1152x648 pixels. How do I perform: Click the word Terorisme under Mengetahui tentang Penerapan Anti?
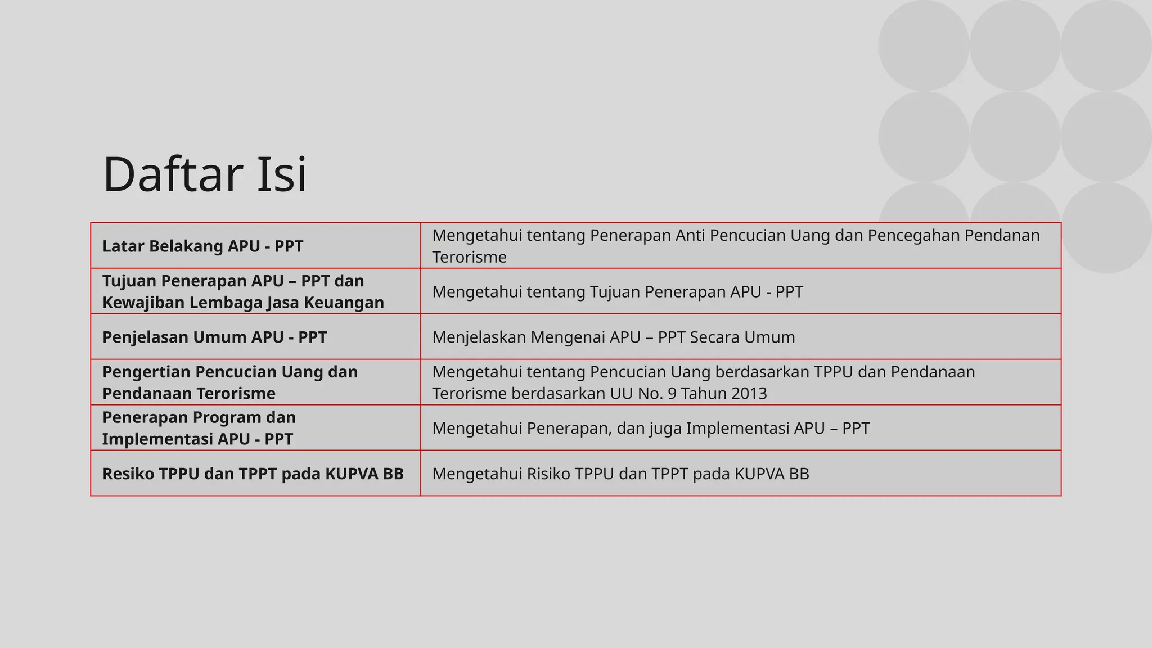click(x=469, y=258)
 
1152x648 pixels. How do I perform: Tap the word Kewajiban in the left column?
click(x=143, y=303)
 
